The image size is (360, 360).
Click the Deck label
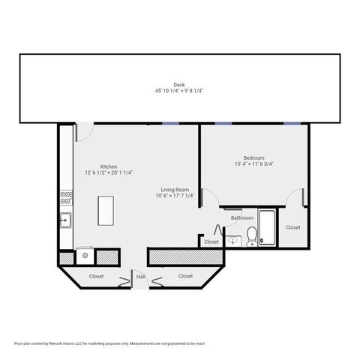[x=179, y=85]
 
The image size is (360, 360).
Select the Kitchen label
[x=109, y=166]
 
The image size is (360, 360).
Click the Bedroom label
[x=253, y=157]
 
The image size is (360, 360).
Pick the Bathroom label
[x=241, y=218]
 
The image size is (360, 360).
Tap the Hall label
[x=140, y=277]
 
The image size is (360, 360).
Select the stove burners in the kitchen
[x=66, y=199]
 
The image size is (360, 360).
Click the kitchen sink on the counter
[x=66, y=220]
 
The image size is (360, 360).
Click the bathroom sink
[x=233, y=241]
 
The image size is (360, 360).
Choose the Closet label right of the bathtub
[x=292, y=227]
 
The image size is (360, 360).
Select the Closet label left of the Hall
[x=97, y=276]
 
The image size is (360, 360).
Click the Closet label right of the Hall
[x=185, y=276]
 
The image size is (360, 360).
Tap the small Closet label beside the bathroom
[x=211, y=241]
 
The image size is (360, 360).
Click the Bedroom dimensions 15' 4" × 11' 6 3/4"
[x=253, y=163]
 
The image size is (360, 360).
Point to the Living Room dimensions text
[x=175, y=196]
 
